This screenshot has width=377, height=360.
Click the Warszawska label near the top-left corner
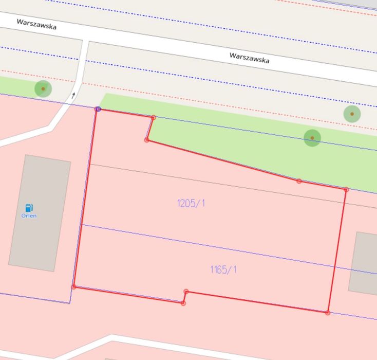click(x=36, y=24)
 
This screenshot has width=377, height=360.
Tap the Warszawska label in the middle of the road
click(x=249, y=57)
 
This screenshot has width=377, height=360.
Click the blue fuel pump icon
click(x=29, y=208)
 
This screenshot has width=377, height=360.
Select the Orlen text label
click(x=29, y=216)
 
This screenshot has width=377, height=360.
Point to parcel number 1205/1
click(x=191, y=203)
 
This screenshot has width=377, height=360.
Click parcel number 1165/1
click(x=223, y=269)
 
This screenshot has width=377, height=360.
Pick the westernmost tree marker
click(x=43, y=89)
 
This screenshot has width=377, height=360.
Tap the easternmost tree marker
click(x=352, y=114)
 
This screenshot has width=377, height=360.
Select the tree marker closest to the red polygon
click(x=312, y=138)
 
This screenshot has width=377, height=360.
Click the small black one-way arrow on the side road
click(x=73, y=95)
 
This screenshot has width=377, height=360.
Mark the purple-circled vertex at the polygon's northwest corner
click(x=98, y=109)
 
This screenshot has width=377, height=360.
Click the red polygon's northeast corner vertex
click(x=346, y=190)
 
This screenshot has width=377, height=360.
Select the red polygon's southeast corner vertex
click(x=328, y=313)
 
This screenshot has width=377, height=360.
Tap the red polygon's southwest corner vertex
click(x=73, y=286)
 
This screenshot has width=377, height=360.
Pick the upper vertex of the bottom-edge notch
click(x=186, y=292)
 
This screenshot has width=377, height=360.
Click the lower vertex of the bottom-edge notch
click(x=183, y=303)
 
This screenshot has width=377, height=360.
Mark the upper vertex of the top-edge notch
click(x=154, y=118)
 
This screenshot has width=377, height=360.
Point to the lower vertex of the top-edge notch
click(x=147, y=140)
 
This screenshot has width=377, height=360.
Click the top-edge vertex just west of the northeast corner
click(x=299, y=181)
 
